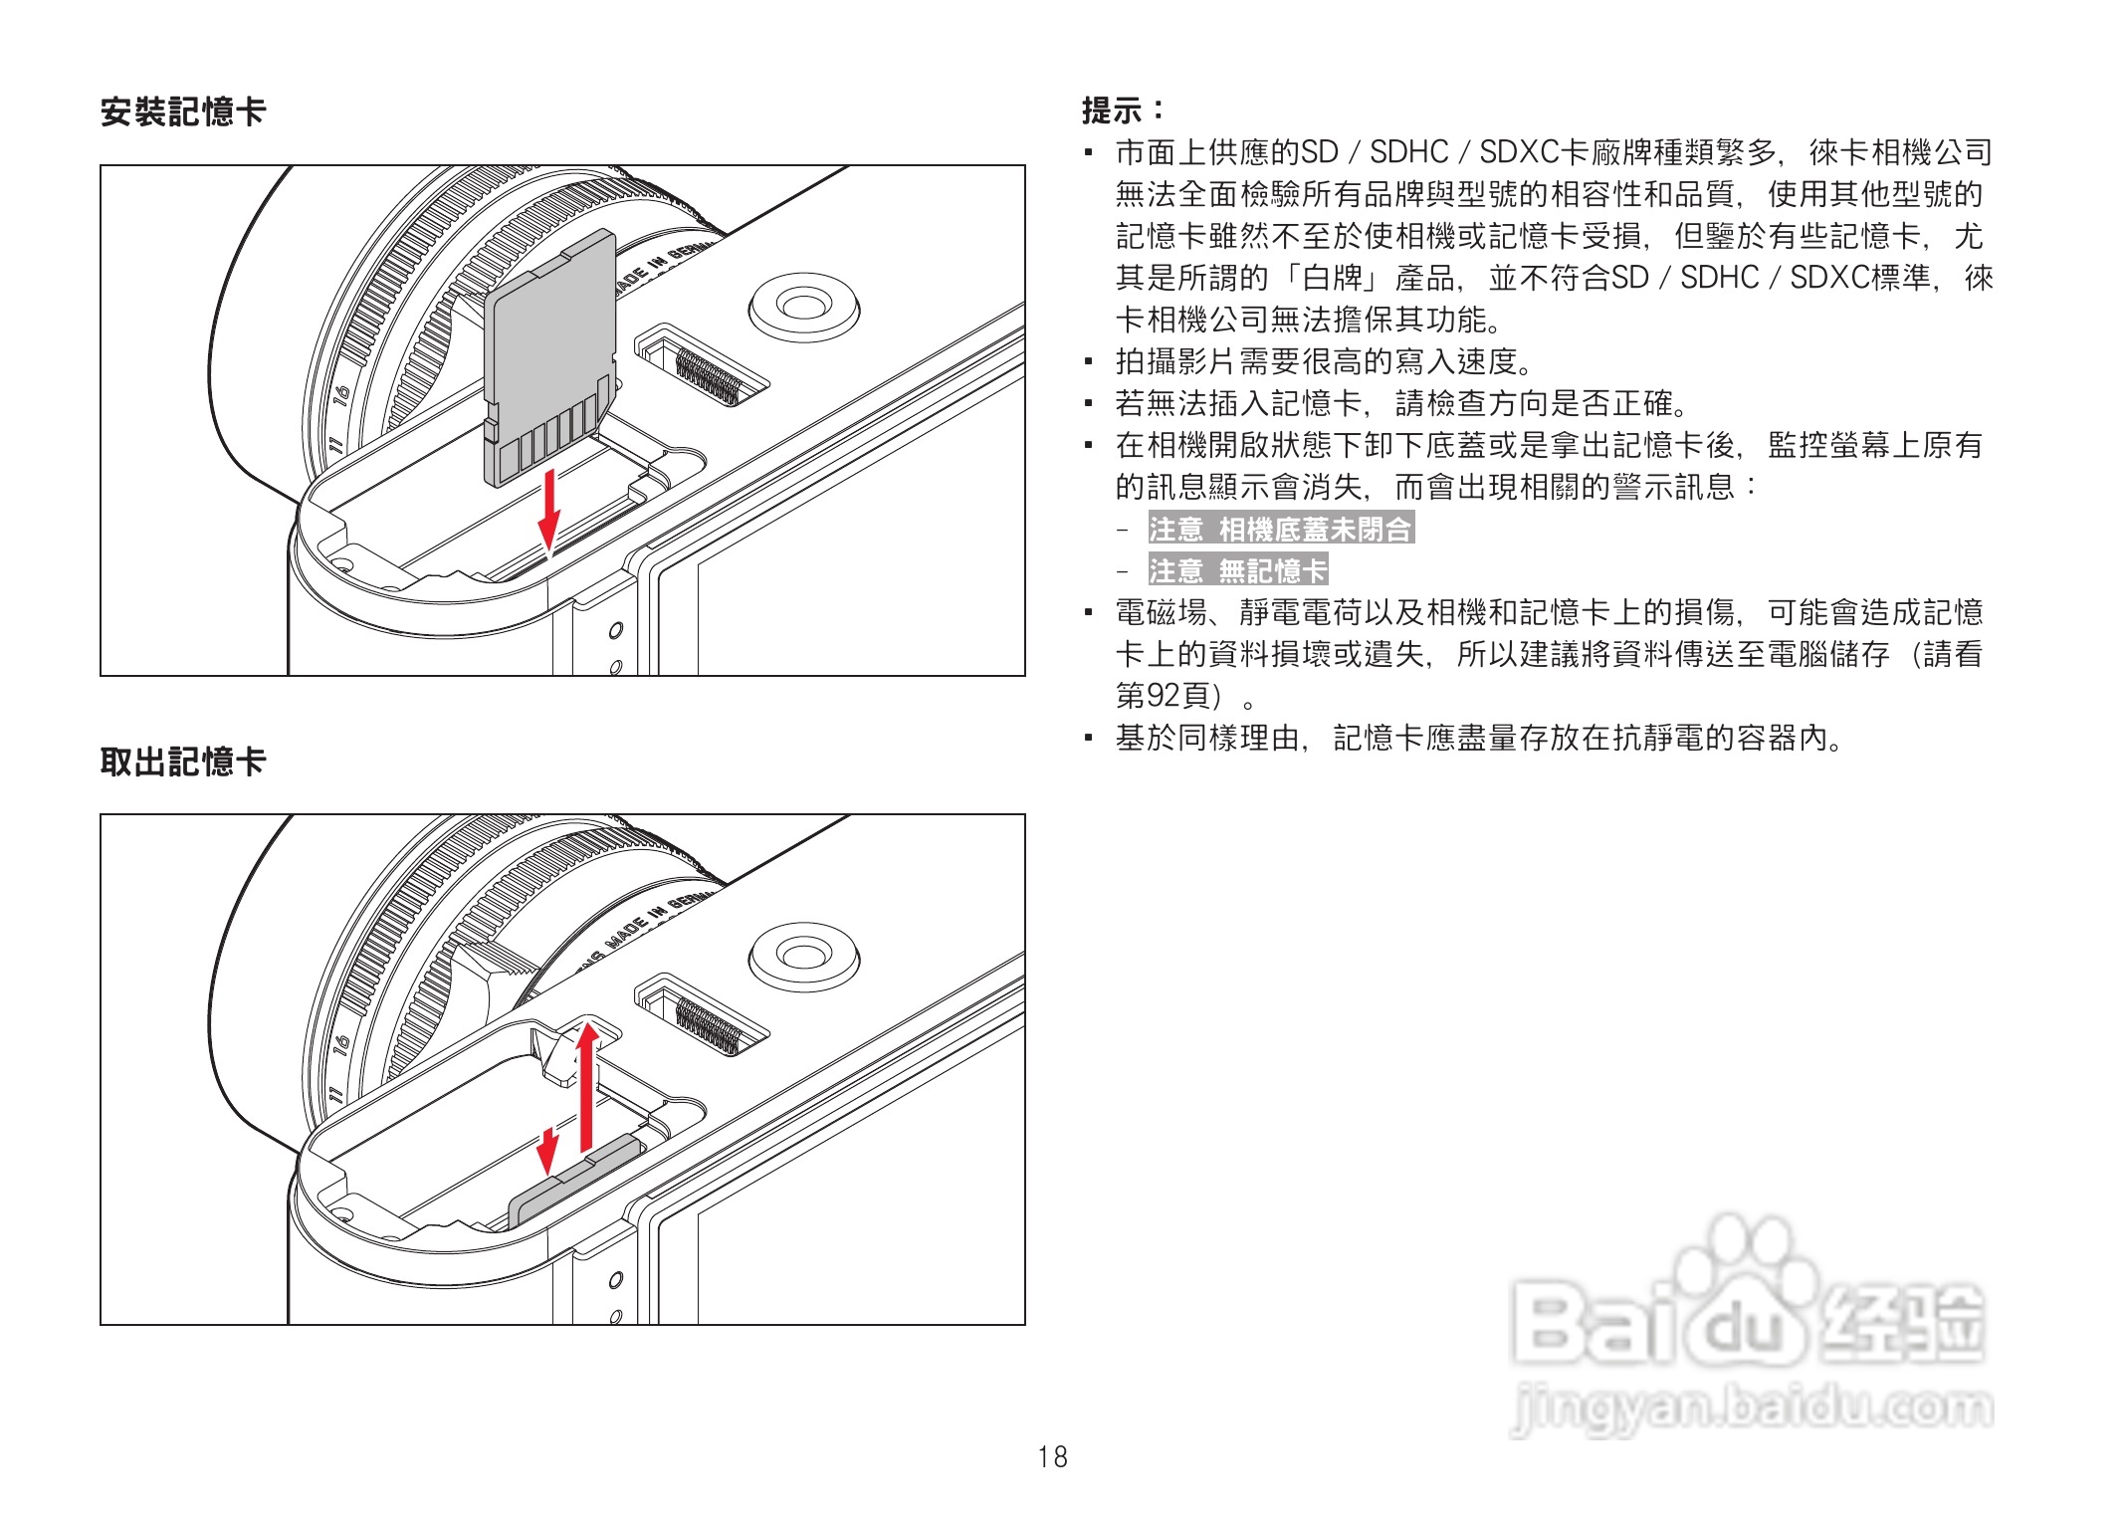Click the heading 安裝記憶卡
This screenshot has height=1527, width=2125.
click(183, 111)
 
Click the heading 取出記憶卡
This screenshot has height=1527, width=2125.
click(183, 762)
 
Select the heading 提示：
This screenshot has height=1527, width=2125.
click(1123, 109)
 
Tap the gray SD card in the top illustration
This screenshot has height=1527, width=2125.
click(550, 348)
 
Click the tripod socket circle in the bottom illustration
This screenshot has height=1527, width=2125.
click(803, 957)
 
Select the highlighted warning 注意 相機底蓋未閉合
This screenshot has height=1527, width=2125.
click(1281, 529)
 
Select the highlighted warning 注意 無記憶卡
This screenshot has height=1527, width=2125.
click(1238, 570)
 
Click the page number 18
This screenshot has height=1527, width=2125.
click(1052, 1457)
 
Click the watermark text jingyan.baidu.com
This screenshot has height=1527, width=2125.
click(1752, 1409)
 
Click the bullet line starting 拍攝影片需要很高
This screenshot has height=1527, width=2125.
click(1324, 361)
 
